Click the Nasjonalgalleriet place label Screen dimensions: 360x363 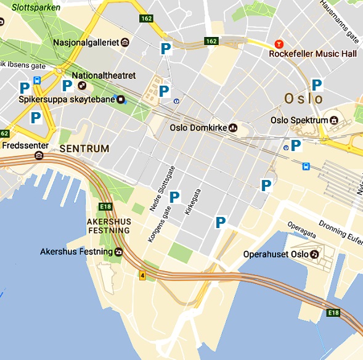click(86, 42)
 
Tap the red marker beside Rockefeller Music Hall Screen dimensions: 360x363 click(279, 45)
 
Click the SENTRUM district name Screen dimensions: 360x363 click(84, 149)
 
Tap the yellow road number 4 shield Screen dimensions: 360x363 click(142, 275)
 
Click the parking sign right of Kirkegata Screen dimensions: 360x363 click(221, 223)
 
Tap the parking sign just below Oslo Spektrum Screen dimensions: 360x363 click(296, 145)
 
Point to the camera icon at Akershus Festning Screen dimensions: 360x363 click(118, 252)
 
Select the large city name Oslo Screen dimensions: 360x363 click(303, 99)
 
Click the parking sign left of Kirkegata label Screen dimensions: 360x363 click(174, 197)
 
